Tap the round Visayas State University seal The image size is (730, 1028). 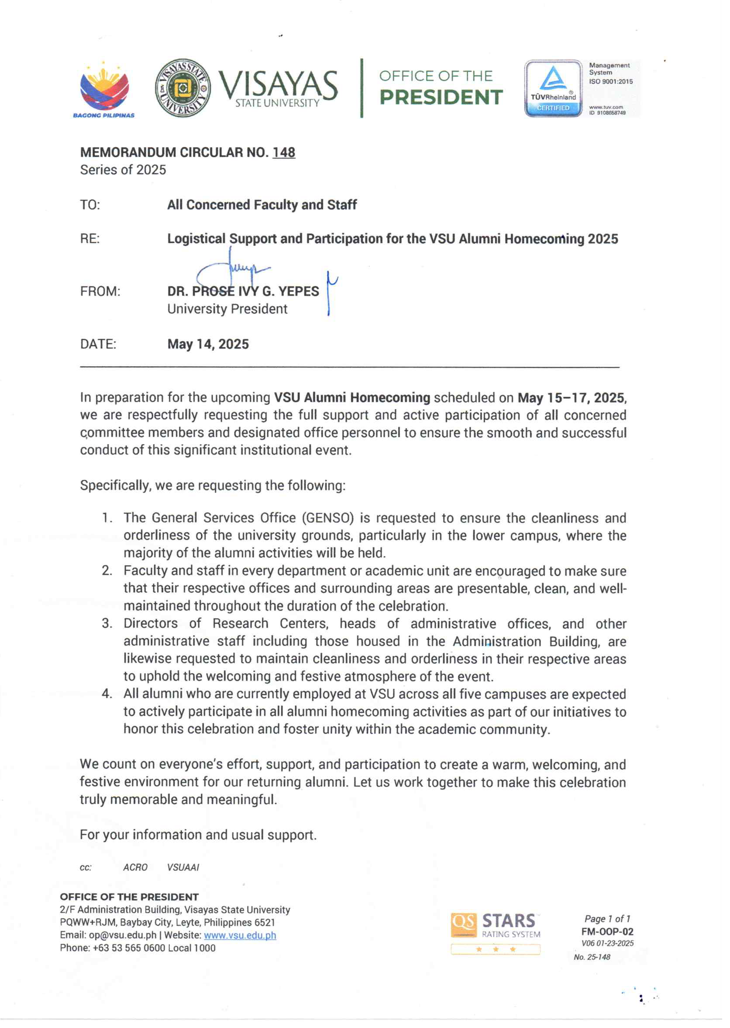pos(182,88)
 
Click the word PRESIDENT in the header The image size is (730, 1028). pos(441,97)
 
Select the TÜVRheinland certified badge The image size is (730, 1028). pos(553,89)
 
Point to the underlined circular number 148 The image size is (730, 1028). pos(284,153)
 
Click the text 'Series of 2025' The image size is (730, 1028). pos(123,170)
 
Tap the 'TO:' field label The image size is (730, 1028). pos(90,205)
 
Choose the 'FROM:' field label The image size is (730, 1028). pos(100,292)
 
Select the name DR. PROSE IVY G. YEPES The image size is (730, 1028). pos(243,292)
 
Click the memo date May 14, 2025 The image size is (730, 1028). pos(208,344)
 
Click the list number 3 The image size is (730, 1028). pos(106,624)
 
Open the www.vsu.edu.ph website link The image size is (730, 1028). pos(240,935)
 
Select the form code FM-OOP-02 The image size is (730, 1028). pos(607,932)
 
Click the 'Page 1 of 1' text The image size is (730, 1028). pos(607,919)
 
